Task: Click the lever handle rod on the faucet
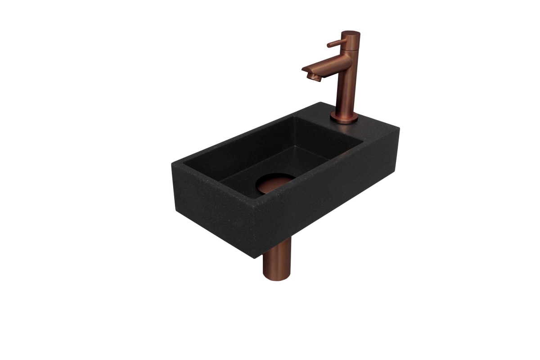[335, 44]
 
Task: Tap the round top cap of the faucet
[351, 34]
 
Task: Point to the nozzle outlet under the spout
[310, 77]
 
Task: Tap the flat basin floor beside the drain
[243, 178]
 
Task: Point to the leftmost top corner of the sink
[170, 162]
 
